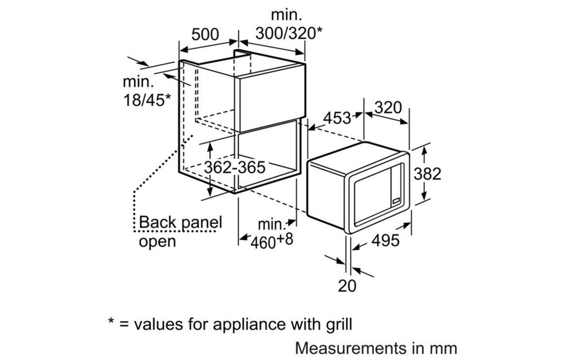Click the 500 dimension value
[x=205, y=35]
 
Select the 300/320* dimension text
[x=289, y=33]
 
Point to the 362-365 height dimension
[x=235, y=167]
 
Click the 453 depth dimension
[x=337, y=118]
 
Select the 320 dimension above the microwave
[x=388, y=107]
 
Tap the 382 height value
[x=427, y=173]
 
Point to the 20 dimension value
[x=347, y=286]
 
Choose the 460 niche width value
[x=263, y=242]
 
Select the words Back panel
[x=180, y=223]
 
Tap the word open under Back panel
[x=157, y=241]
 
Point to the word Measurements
[x=349, y=348]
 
